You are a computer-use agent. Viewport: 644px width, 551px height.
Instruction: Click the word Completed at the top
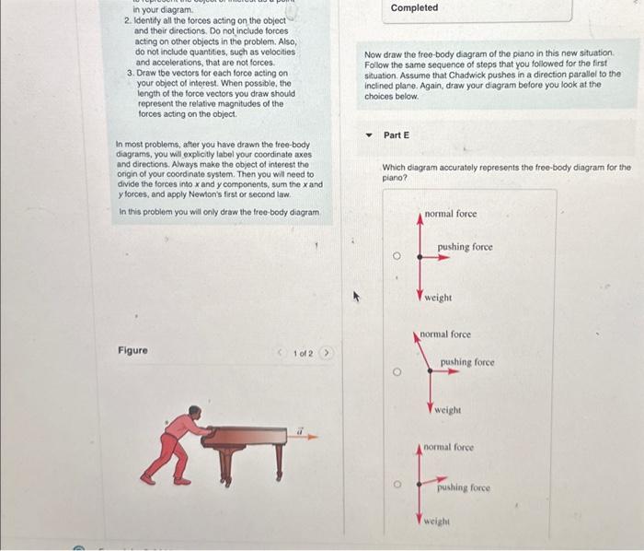(x=414, y=8)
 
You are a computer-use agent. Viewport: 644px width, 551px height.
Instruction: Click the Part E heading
(x=397, y=135)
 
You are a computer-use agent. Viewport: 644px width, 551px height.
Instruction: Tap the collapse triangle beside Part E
(x=370, y=135)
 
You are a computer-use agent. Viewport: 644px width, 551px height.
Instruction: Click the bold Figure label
(x=132, y=351)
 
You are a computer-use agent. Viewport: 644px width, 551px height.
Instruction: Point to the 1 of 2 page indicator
(x=303, y=354)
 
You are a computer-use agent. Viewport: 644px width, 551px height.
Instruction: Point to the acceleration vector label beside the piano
(x=299, y=431)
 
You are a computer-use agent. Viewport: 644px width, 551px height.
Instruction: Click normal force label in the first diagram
(x=451, y=214)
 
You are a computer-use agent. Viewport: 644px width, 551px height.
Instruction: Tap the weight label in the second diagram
(x=448, y=410)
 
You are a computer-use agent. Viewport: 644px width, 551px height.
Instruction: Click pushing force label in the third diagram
(x=463, y=487)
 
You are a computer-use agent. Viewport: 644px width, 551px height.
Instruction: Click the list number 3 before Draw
(x=130, y=72)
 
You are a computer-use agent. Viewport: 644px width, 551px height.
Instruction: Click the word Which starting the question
(x=394, y=168)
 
